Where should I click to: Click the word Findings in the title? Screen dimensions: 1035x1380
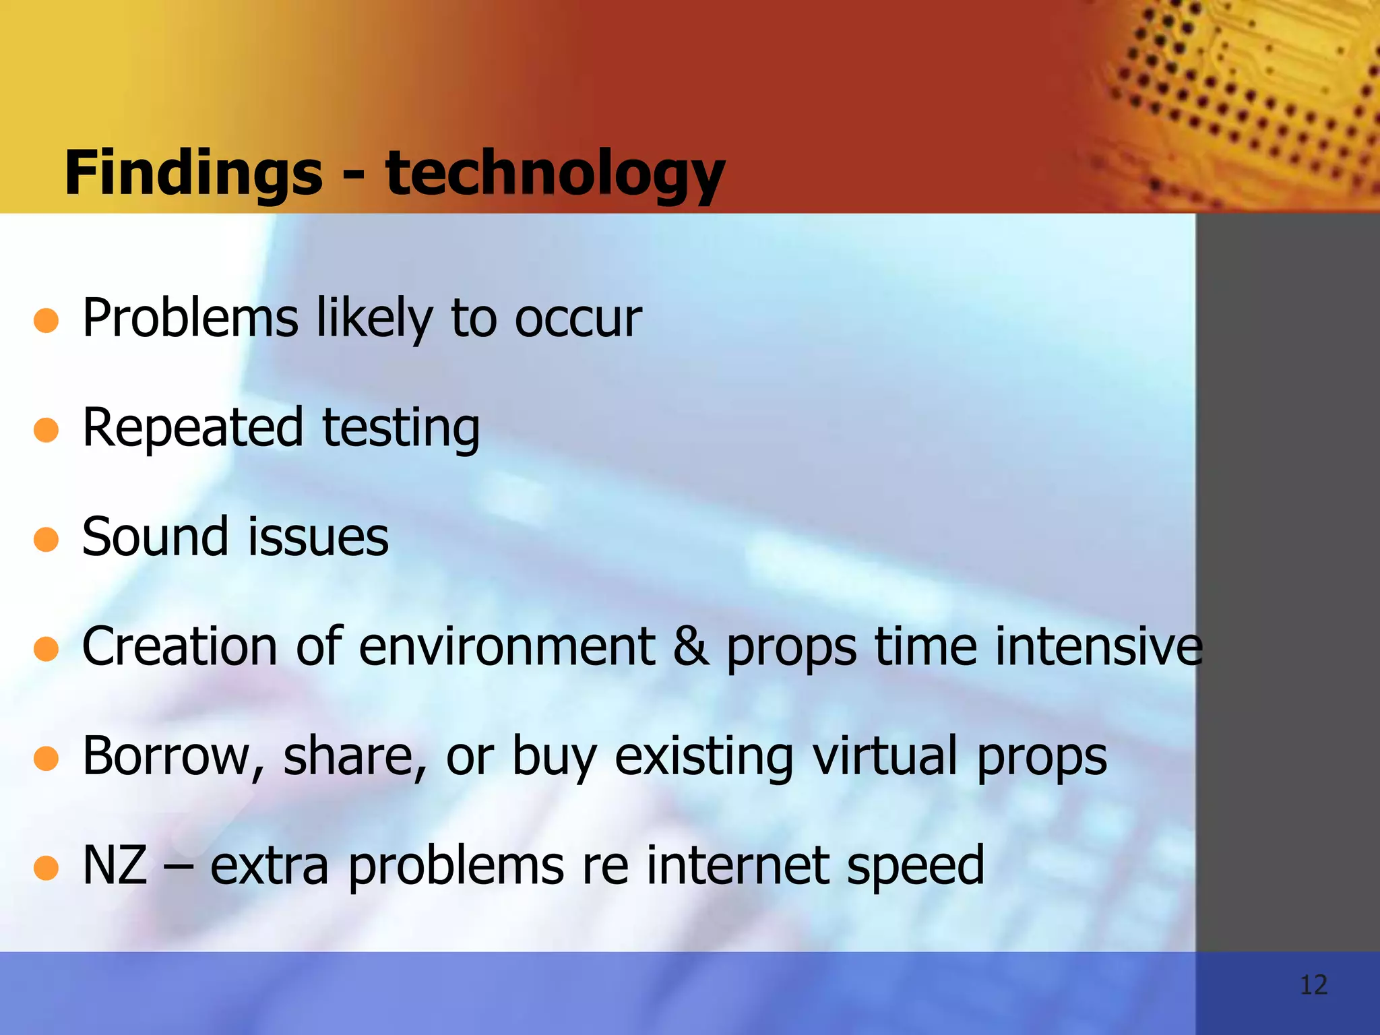click(x=193, y=173)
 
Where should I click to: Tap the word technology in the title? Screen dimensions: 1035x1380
click(x=555, y=173)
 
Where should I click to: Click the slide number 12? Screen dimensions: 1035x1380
click(x=1313, y=985)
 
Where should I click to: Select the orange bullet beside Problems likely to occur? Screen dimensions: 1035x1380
click(x=46, y=321)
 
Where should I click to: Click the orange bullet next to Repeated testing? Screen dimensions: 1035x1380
click(x=46, y=430)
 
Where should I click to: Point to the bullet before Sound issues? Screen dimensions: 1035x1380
click(x=46, y=539)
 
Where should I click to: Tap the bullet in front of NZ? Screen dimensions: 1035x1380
click(x=46, y=868)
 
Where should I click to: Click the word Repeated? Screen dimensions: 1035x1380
click(x=193, y=427)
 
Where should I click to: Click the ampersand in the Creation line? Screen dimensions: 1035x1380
click(x=691, y=646)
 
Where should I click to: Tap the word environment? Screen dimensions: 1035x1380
click(x=507, y=646)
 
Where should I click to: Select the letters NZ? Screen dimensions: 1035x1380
click(x=115, y=865)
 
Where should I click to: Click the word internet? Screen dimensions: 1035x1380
click(x=738, y=865)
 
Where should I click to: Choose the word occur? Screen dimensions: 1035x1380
click(x=578, y=318)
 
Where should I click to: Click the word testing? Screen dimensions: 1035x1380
click(x=401, y=429)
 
